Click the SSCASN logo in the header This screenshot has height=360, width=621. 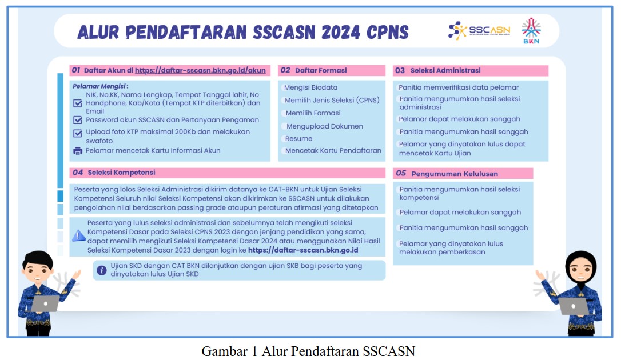479,30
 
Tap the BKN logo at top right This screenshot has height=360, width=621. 531,30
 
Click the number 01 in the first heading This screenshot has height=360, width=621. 76,70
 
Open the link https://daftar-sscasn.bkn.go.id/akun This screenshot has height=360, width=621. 200,70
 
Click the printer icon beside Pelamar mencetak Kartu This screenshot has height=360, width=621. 78,151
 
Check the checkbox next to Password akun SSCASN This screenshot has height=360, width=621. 78,120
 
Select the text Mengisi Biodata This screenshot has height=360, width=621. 311,87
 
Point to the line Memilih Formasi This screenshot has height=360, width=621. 313,113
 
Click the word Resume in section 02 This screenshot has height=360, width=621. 299,139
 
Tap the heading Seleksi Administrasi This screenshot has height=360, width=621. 445,70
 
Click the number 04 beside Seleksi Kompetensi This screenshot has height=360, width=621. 78,173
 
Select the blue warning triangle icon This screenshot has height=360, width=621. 78,236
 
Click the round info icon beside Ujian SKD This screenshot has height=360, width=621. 102,270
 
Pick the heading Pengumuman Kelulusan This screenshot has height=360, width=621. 455,174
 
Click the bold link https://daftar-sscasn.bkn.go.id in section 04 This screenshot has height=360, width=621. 303,250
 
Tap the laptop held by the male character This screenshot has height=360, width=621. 46,303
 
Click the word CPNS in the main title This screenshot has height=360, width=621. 387,33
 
